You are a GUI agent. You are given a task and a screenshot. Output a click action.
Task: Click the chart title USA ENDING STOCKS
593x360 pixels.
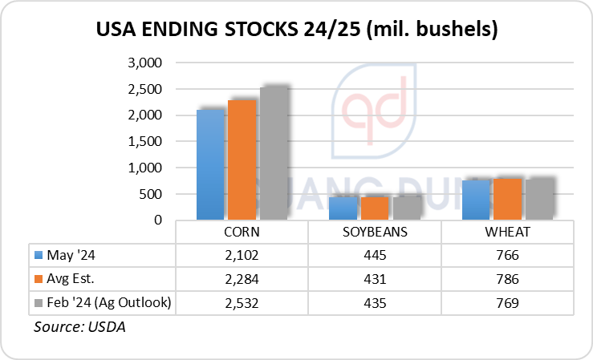pos(296,30)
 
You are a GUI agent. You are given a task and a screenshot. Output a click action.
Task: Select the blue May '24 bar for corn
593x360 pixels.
pos(210,164)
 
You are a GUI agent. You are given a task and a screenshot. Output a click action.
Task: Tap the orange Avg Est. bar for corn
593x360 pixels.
pos(242,160)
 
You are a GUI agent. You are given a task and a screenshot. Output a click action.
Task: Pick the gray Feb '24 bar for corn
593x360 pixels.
pos(274,152)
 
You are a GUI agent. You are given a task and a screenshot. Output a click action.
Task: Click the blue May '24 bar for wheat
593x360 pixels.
pos(477,200)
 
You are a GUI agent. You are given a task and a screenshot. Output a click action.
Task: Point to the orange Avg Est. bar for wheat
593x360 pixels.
pos(508,199)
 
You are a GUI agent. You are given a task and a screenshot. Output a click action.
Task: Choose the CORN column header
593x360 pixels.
pos(242,233)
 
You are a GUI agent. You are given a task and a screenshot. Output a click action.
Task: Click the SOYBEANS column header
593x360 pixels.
pos(375,233)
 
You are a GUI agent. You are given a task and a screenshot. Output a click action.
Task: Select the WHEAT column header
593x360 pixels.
pos(508,233)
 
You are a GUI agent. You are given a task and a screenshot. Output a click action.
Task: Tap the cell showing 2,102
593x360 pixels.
pos(242,255)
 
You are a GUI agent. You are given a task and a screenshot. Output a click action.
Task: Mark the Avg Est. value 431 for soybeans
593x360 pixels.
pos(375,278)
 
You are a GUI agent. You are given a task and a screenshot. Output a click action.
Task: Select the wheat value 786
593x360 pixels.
pos(508,278)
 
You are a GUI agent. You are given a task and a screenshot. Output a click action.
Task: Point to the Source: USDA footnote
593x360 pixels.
pos(79,327)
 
